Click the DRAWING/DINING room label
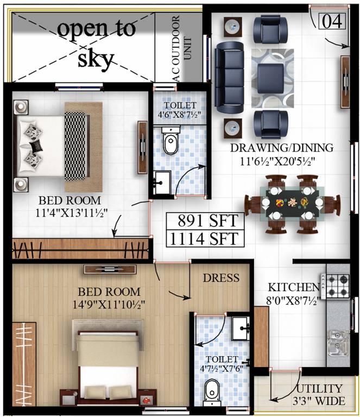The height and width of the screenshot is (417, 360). pyautogui.click(x=282, y=147)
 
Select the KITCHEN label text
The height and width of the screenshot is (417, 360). pyautogui.click(x=294, y=287)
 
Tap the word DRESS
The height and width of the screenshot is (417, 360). pyautogui.click(x=221, y=278)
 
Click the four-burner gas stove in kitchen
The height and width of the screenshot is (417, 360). pyautogui.click(x=338, y=285)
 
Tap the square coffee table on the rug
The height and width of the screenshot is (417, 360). pyautogui.click(x=269, y=76)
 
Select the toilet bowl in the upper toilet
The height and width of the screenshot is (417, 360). pyautogui.click(x=170, y=142)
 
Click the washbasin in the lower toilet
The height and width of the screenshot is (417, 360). pyautogui.click(x=239, y=327)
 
